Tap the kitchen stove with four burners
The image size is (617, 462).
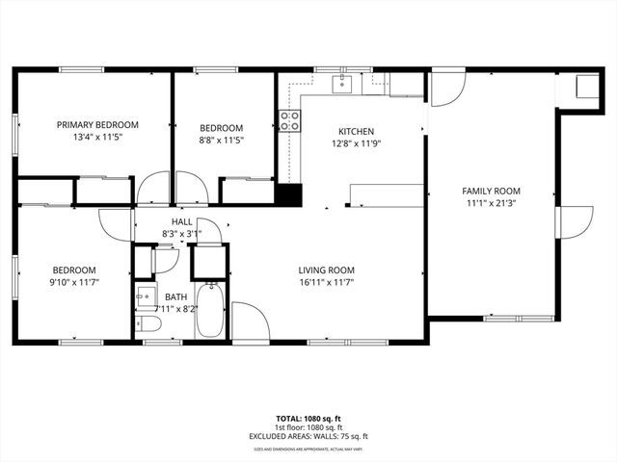(x=288, y=120)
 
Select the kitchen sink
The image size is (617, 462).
(x=340, y=84)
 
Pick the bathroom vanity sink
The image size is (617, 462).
(x=145, y=295)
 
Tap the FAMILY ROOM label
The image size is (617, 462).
(x=491, y=191)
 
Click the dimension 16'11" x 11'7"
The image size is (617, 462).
(x=327, y=283)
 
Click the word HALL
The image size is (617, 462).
(x=181, y=220)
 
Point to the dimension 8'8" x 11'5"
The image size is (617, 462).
(x=222, y=140)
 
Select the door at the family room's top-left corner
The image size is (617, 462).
(x=445, y=90)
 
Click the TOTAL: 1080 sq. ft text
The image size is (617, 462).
(x=308, y=420)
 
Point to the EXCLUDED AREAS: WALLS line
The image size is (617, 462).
(x=308, y=436)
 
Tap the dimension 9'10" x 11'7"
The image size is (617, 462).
(x=74, y=282)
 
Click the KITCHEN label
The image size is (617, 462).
(x=356, y=132)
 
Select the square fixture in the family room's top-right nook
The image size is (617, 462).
(x=584, y=88)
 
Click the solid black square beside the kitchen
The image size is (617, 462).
(x=288, y=193)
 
